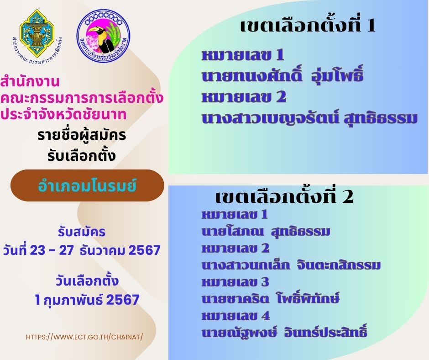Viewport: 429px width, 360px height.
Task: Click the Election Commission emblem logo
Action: coord(37,35)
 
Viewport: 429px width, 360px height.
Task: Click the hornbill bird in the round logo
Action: coord(103,38)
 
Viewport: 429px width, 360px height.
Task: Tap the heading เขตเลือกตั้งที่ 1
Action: coord(308,26)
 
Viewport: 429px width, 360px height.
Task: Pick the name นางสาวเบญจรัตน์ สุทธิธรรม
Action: coord(309,118)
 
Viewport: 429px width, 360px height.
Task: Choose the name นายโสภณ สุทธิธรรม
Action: coord(266,232)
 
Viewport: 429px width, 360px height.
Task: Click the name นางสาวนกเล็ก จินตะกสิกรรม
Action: coord(291,265)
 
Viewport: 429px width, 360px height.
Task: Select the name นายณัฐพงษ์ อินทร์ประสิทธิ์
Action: coord(284,332)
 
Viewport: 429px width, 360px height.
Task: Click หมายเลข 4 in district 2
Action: coord(236,316)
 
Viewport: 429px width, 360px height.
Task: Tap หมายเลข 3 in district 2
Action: coord(235,282)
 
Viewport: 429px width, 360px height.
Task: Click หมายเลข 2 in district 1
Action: coord(244,97)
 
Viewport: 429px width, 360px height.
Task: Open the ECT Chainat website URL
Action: coord(84,337)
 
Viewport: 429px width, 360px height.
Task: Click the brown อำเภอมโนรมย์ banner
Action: coord(87,185)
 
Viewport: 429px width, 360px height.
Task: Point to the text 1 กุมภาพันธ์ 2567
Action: coord(87,300)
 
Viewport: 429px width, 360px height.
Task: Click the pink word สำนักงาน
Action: coord(30,82)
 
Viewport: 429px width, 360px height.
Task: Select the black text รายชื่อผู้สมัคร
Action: coord(82,135)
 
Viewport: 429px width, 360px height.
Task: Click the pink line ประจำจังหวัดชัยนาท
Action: coord(63,114)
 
